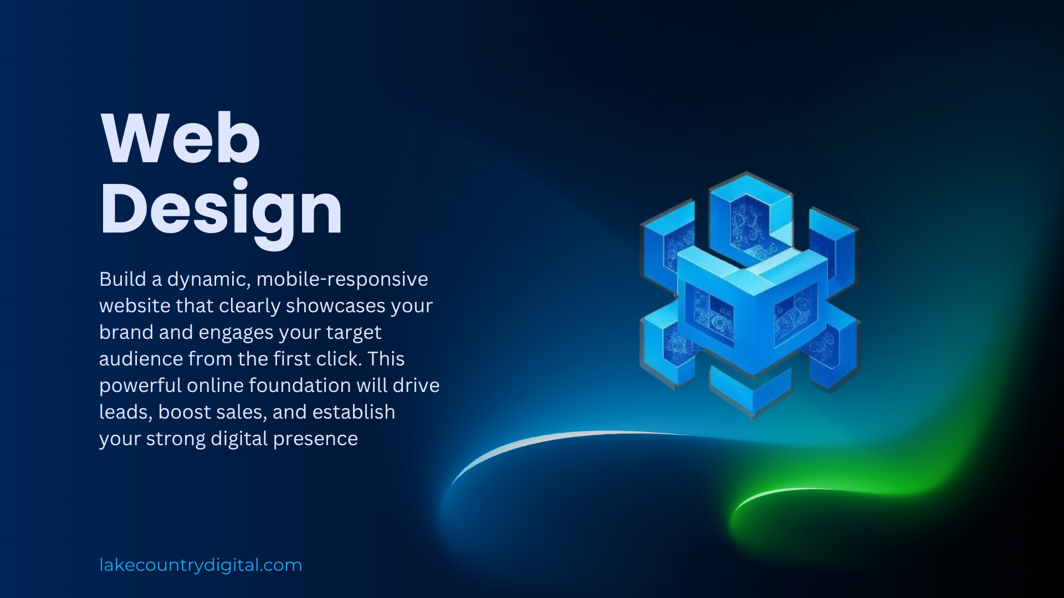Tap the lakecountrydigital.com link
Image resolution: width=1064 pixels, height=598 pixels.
201,565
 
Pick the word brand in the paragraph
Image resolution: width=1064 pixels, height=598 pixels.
126,332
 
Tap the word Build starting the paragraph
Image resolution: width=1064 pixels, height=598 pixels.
122,279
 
